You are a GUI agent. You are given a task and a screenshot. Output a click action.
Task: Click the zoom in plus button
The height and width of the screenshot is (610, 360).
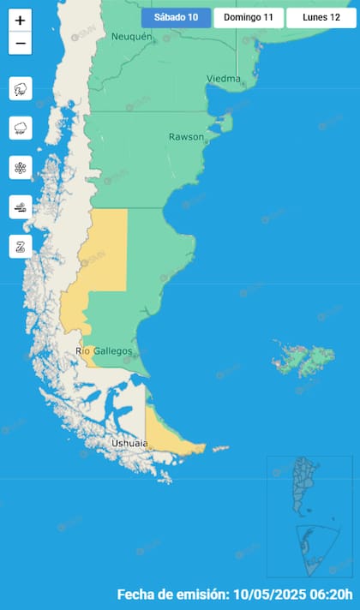[21, 21]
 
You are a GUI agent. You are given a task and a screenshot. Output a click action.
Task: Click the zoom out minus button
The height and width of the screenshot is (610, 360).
[21, 43]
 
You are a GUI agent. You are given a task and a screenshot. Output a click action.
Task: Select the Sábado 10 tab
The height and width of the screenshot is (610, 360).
[176, 17]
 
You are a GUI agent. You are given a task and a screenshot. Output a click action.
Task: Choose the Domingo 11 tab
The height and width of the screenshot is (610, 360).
[249, 17]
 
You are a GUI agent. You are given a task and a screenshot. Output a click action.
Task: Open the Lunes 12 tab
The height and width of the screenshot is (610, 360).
[321, 17]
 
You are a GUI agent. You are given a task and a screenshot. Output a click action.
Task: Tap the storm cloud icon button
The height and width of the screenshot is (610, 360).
[21, 88]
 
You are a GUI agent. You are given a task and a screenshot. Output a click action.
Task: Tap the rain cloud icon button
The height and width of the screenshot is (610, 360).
[21, 128]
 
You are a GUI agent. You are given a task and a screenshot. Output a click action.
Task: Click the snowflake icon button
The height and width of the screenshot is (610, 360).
[21, 167]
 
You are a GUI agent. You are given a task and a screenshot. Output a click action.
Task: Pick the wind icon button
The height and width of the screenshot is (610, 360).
[21, 206]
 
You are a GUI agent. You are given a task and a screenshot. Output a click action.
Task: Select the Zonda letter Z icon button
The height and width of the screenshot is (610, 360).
[21, 246]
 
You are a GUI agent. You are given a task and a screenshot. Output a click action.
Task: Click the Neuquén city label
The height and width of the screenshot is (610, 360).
[131, 37]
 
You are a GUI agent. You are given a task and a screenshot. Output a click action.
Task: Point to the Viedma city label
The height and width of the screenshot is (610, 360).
[223, 78]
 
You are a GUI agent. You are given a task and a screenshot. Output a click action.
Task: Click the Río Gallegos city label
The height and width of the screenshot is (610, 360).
[104, 351]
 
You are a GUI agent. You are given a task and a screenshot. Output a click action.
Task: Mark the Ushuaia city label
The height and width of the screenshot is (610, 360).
[129, 443]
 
